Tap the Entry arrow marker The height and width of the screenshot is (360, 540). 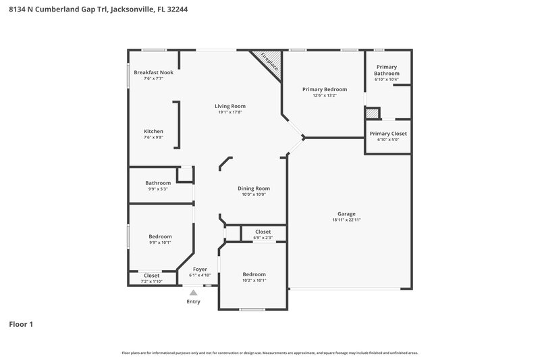(193, 292)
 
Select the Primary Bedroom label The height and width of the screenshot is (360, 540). (325, 89)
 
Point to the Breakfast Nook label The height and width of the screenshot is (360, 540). (153, 72)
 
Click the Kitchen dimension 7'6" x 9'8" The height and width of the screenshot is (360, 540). (153, 137)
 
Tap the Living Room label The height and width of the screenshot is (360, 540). (230, 106)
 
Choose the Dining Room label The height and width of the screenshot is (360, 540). (253, 188)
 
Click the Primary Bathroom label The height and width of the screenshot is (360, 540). (387, 70)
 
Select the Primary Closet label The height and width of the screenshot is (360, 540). (388, 134)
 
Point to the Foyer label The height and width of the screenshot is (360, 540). (200, 269)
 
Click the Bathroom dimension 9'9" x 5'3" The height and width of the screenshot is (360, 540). (158, 189)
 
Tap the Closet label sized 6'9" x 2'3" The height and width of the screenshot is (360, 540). (263, 237)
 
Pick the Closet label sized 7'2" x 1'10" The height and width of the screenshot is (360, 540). (151, 281)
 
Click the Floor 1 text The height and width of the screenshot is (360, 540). (21, 324)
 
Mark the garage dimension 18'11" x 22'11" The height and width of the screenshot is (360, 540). (343, 220)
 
